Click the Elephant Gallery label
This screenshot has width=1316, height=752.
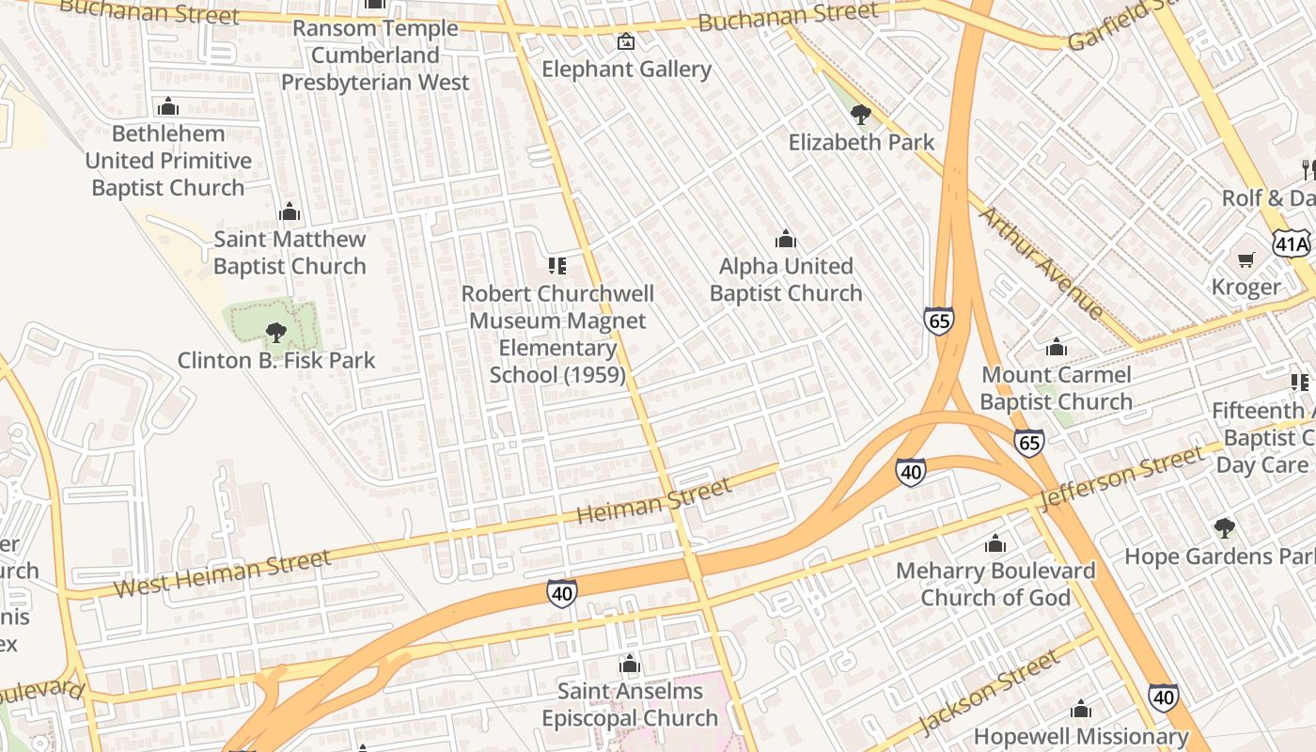point(626,70)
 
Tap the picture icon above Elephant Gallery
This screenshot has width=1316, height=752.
point(625,41)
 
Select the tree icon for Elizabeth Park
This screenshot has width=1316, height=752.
point(860,115)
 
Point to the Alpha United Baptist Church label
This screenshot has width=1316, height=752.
point(786,280)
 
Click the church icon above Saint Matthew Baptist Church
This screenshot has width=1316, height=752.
point(290,211)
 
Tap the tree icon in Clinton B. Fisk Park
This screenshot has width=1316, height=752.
point(275,332)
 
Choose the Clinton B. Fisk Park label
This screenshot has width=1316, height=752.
point(276,360)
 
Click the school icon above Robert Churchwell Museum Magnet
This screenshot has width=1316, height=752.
point(557,267)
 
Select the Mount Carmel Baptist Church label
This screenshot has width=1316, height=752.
point(1056,388)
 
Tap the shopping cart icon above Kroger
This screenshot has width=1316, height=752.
point(1245,259)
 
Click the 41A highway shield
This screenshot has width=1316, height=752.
point(1292,244)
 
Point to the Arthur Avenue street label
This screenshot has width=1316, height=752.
point(1042,262)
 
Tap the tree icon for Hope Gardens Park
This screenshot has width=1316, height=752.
point(1224,528)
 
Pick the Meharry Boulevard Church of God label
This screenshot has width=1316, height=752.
point(995,584)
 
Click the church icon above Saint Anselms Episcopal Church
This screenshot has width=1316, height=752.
point(630,664)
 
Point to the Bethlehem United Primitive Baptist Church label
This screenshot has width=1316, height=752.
point(168,161)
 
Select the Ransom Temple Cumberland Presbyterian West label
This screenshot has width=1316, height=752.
point(375,55)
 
